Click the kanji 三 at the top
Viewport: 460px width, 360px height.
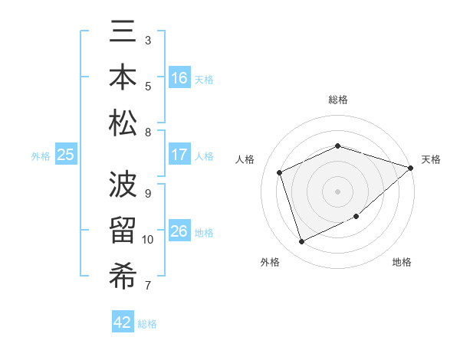123,33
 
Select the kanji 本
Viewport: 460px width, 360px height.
123,78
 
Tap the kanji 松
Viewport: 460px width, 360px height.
123,123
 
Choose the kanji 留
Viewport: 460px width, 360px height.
123,231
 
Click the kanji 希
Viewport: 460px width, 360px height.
123,276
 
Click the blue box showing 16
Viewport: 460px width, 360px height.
179,78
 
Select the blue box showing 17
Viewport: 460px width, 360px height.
179,155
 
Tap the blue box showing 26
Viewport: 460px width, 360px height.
179,231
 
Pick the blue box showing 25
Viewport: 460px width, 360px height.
66,155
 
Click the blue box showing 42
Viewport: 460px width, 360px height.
123,322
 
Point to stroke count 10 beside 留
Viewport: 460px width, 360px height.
148,240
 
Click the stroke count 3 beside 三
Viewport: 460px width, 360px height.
148,40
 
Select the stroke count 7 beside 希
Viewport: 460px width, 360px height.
148,286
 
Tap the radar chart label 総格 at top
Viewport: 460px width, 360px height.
338,100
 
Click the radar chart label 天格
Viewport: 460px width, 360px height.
431,159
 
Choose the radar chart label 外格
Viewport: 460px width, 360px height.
270,263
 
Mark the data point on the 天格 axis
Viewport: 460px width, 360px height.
411,168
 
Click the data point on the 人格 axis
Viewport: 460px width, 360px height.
280,172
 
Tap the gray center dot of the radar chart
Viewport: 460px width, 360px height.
338,191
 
